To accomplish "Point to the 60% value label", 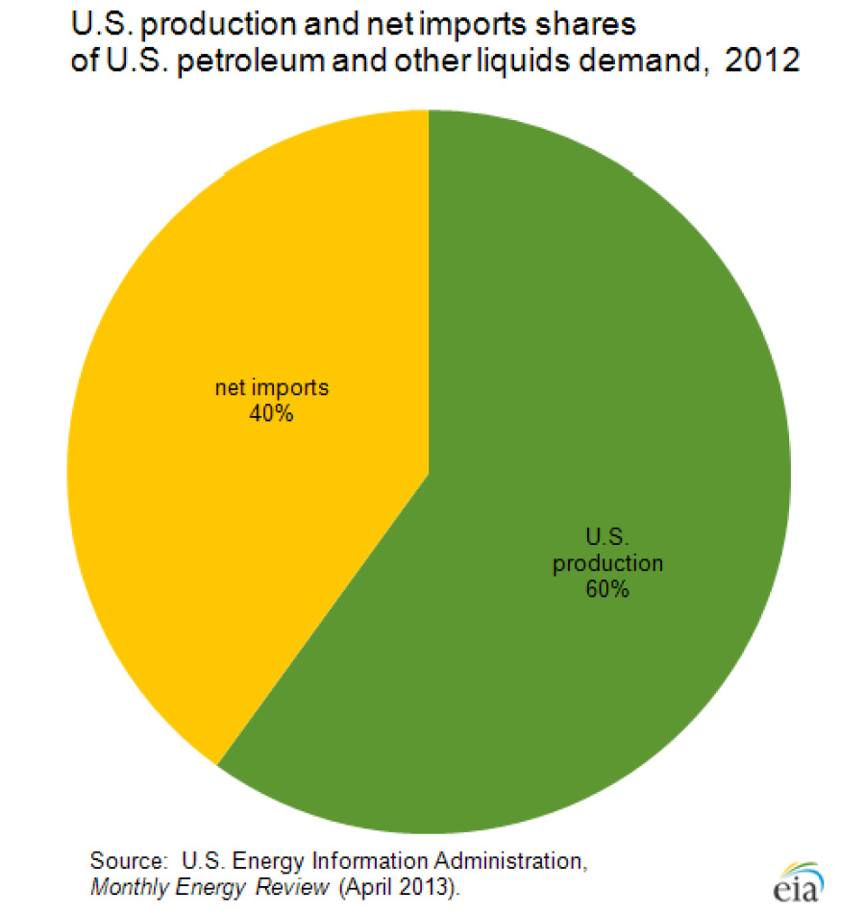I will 606,589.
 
